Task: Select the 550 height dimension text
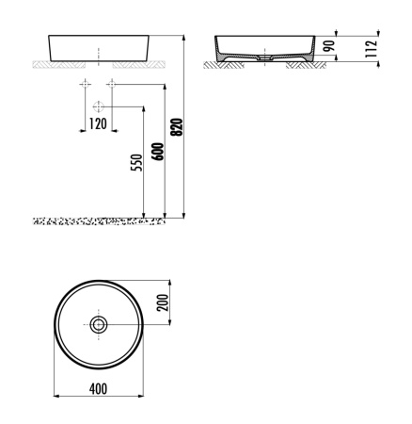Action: point(135,162)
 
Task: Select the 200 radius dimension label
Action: point(162,302)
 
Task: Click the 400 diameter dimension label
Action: point(99,389)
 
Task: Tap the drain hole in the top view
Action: point(99,324)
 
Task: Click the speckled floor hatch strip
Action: point(99,221)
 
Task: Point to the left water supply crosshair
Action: point(86,84)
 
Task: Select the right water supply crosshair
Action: point(111,84)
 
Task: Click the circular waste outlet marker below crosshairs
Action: point(99,106)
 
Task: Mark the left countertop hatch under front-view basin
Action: point(59,65)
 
